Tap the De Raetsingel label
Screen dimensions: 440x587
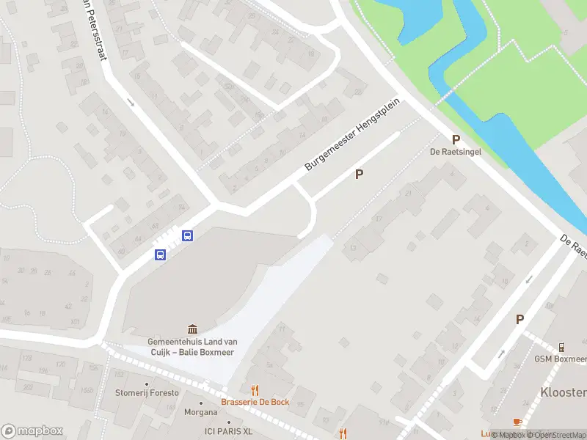point(455,153)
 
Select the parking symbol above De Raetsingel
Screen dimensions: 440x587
point(456,139)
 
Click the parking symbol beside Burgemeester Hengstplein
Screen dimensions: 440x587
point(359,175)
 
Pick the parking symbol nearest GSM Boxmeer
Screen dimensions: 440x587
point(519,319)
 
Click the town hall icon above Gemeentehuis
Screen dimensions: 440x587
point(192,329)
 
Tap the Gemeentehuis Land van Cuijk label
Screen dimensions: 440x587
point(192,347)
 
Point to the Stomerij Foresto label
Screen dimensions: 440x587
point(147,393)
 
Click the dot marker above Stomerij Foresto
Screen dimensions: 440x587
point(147,384)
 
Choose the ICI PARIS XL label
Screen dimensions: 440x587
point(228,430)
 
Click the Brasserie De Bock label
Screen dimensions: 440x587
point(255,402)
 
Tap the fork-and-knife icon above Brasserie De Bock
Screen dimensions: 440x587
point(255,390)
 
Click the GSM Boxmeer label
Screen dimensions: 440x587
point(561,359)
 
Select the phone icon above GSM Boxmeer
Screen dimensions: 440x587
point(561,347)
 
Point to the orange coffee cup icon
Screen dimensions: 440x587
point(517,422)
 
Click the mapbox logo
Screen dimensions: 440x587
point(32,431)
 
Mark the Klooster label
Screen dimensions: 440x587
point(564,392)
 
